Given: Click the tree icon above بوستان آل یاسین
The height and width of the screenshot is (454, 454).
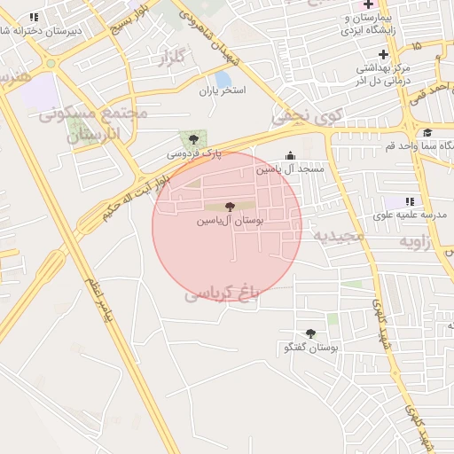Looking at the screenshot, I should [231, 206].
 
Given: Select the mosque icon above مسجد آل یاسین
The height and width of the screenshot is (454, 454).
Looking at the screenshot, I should [290, 155].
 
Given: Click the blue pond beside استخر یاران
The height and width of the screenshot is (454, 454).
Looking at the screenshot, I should [222, 79].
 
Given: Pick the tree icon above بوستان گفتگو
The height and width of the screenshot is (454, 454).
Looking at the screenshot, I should [309, 333].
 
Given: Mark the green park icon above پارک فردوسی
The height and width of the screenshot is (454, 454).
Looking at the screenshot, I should [192, 138].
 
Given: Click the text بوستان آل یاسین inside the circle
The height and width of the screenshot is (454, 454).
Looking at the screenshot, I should [231, 219].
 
